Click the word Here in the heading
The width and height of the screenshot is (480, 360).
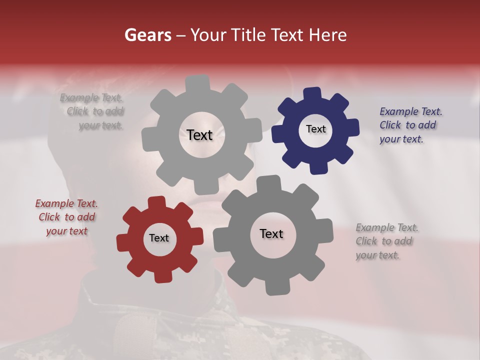(328, 35)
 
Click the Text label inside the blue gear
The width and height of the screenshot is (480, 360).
(315, 129)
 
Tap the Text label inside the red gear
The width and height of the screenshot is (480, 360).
(159, 238)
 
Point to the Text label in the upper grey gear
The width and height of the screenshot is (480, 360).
(199, 135)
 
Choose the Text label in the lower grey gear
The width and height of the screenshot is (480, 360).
(271, 233)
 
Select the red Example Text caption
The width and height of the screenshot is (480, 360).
(66, 217)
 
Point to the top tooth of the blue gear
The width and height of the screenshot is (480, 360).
(312, 93)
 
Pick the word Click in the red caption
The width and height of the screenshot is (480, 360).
(50, 217)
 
